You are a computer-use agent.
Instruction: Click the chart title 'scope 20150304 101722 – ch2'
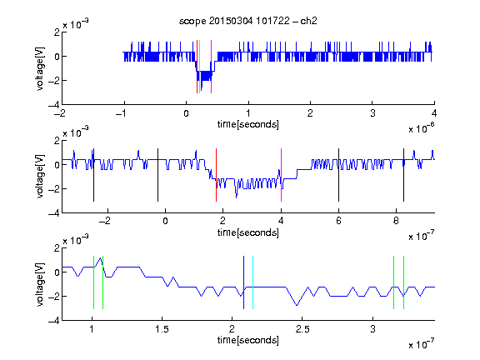(248, 21)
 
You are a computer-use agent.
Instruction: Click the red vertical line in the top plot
(197, 67)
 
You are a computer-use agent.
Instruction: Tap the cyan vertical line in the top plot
(200, 67)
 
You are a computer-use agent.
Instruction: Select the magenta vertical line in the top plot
(211, 67)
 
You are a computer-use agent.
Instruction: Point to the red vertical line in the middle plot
(216, 175)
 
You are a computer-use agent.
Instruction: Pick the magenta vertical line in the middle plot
(281, 175)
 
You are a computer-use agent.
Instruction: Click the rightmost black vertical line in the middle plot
(403, 175)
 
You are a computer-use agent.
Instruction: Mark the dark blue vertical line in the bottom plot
(243, 282)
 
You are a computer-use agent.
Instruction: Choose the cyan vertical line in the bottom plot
(252, 282)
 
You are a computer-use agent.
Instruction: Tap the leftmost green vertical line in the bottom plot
(93, 282)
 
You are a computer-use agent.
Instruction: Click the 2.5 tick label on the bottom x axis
(302, 329)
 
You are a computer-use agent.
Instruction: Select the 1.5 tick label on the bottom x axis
(162, 329)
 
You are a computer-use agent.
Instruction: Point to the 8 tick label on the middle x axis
(396, 221)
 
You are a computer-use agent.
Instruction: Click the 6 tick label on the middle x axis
(338, 221)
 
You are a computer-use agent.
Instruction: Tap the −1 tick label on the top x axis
(121, 113)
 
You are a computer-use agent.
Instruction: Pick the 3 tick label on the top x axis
(372, 113)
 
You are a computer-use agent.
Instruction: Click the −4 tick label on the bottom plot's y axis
(54, 321)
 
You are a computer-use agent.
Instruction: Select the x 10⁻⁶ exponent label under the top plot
(421, 128)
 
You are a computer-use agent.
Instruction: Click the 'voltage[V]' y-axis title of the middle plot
(40, 177)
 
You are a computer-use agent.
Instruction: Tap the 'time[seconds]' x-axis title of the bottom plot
(248, 340)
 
